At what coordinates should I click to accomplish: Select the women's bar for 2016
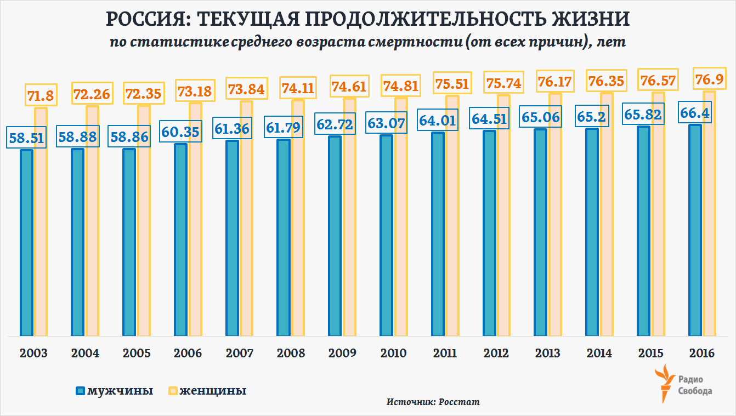click(710, 214)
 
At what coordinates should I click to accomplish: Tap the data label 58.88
click(78, 138)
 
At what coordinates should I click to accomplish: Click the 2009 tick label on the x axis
click(342, 353)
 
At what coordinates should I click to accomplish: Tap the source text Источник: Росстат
click(433, 402)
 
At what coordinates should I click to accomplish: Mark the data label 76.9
click(709, 80)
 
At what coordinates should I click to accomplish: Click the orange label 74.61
click(349, 87)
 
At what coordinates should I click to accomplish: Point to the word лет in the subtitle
click(613, 42)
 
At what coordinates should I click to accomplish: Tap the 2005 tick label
click(136, 353)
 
